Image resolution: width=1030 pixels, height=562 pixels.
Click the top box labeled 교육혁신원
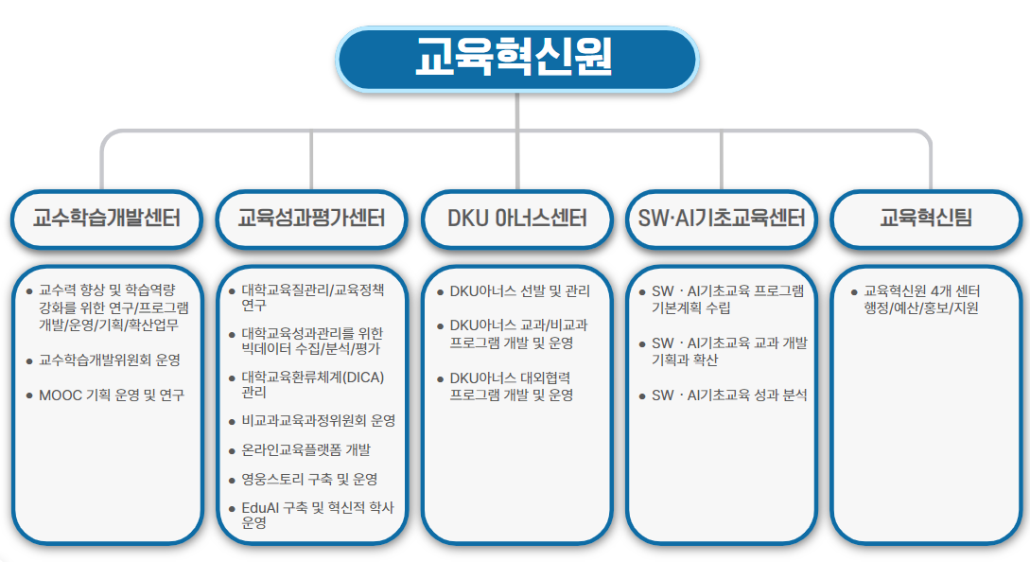[x=516, y=60]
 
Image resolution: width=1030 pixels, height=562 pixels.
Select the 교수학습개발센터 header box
[x=107, y=219]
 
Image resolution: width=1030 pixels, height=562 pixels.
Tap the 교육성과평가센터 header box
[x=311, y=219]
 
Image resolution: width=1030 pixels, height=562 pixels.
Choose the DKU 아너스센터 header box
[x=517, y=219]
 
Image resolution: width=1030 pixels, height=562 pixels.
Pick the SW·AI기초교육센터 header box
[x=722, y=219]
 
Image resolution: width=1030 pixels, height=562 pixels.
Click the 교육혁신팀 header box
[x=926, y=219]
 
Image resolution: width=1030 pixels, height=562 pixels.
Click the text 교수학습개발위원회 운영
[x=110, y=360]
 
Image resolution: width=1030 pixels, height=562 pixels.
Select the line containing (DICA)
[x=313, y=378]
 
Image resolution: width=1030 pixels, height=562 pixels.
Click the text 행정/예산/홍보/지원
[x=921, y=308]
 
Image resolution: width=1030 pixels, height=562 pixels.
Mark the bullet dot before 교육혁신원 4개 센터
[x=854, y=291]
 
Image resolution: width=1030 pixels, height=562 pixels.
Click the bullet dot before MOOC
[x=29, y=395]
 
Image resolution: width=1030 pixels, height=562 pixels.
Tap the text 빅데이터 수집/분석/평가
[x=311, y=348]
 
